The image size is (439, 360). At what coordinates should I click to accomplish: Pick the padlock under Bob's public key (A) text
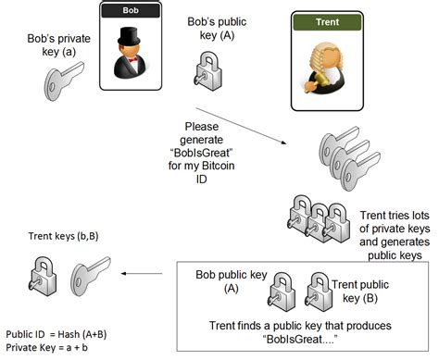click(207, 73)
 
